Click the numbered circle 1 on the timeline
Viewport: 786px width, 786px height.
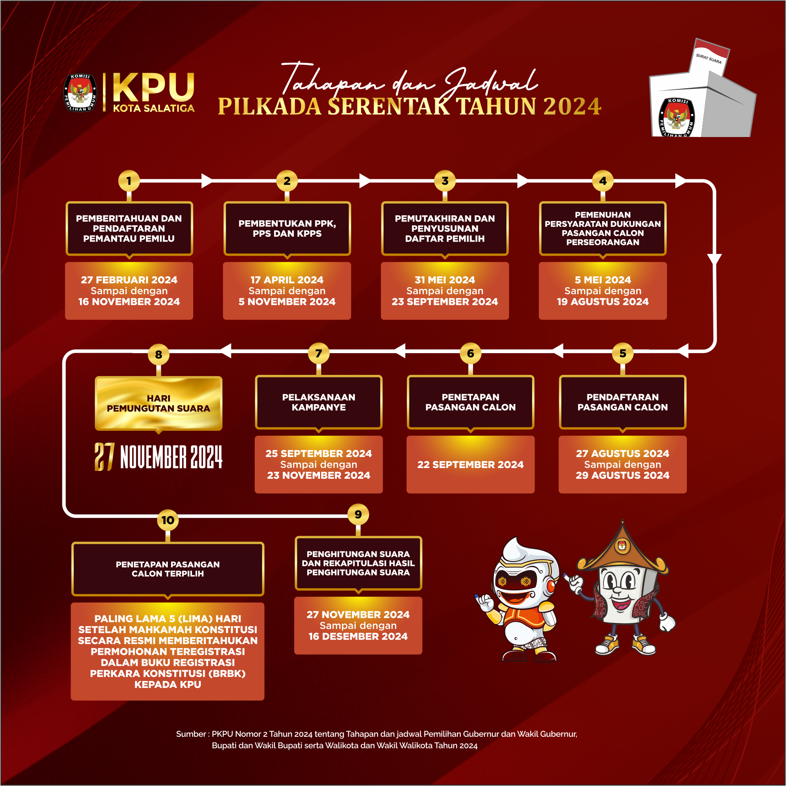pos(129,181)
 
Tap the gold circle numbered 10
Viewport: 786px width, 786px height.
pos(168,520)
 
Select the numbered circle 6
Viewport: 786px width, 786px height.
pos(471,354)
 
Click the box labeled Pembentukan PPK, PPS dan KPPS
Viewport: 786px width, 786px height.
pos(287,228)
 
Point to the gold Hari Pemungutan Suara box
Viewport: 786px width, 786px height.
pos(159,403)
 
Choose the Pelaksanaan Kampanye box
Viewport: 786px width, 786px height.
pos(319,402)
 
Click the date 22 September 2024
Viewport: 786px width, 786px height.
pos(471,465)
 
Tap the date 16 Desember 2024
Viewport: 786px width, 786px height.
pos(358,637)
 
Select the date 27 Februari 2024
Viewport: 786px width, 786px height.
pos(129,280)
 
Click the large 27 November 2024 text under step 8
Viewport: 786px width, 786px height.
pos(159,457)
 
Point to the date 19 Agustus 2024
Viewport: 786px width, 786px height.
pos(603,302)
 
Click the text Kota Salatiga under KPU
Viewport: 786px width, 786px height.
pos(154,108)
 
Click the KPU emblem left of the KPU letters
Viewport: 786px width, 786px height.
pos(80,93)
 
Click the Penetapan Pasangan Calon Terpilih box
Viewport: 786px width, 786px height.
pos(168,569)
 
